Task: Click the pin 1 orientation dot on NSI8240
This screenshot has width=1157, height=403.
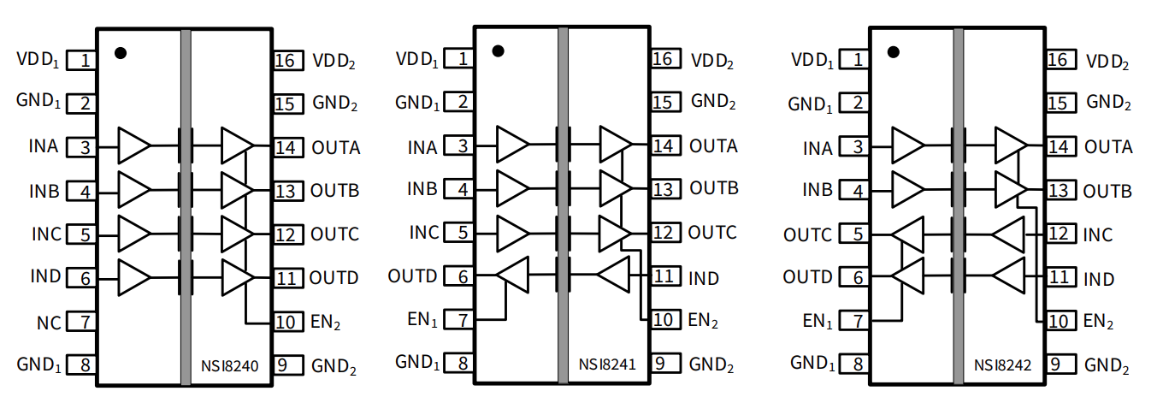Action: point(121,52)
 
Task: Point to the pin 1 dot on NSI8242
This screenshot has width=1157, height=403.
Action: point(894,51)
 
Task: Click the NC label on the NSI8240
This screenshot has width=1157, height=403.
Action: point(49,323)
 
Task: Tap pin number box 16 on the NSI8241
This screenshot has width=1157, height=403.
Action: point(664,59)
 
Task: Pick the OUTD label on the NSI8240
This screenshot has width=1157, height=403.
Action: point(334,278)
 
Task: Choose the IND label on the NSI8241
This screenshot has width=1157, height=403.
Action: point(704,278)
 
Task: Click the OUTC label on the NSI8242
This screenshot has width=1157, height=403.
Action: point(807,234)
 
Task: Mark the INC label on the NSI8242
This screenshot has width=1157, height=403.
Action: point(1099,234)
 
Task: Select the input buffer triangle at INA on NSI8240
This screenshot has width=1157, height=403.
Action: point(133,145)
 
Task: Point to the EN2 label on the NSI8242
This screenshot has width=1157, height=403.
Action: point(1103,323)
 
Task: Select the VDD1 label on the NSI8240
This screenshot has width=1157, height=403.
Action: point(38,60)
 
